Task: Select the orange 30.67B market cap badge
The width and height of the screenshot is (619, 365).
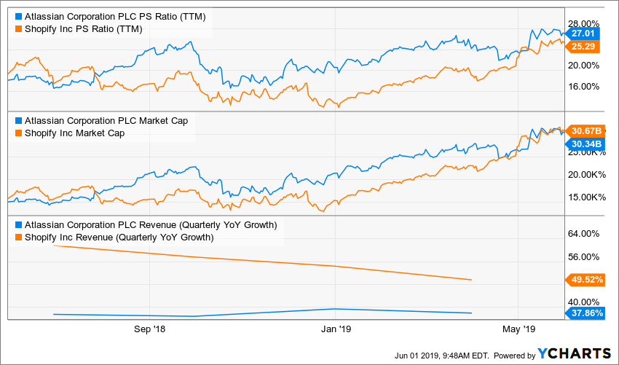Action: tap(586, 130)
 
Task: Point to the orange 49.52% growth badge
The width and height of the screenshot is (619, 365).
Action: tap(586, 279)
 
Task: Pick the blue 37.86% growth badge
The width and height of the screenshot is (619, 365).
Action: tap(586, 313)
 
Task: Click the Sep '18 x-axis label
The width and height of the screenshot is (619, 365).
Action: tap(150, 329)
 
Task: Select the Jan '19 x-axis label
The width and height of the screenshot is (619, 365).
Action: tap(334, 329)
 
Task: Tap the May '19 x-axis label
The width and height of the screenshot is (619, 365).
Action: tap(518, 329)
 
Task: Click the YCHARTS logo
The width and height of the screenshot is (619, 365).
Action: tap(574, 353)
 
